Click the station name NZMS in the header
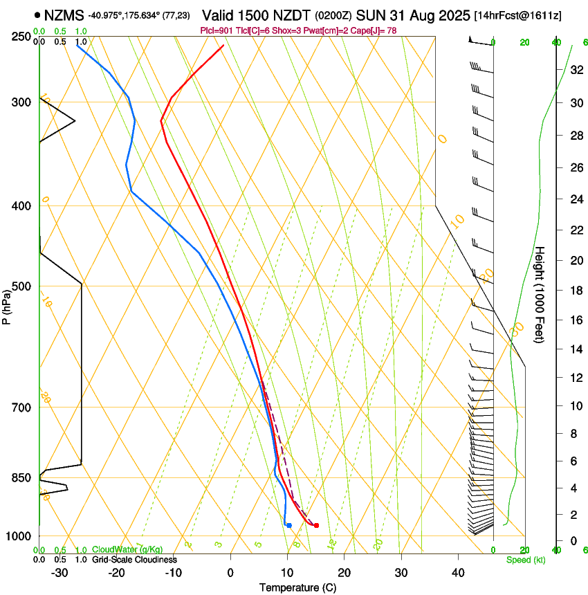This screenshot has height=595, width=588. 64,15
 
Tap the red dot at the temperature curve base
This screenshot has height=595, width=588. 316,525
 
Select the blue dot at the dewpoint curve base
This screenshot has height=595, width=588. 289,525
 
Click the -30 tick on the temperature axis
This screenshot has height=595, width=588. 59,572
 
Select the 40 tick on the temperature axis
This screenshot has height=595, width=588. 457,572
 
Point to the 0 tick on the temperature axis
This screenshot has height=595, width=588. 230,572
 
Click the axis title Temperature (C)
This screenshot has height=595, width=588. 297,587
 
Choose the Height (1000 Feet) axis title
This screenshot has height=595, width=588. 540,295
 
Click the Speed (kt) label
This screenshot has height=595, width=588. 525,560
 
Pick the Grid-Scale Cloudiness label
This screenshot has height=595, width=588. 134,560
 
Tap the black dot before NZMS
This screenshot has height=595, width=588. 37,14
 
